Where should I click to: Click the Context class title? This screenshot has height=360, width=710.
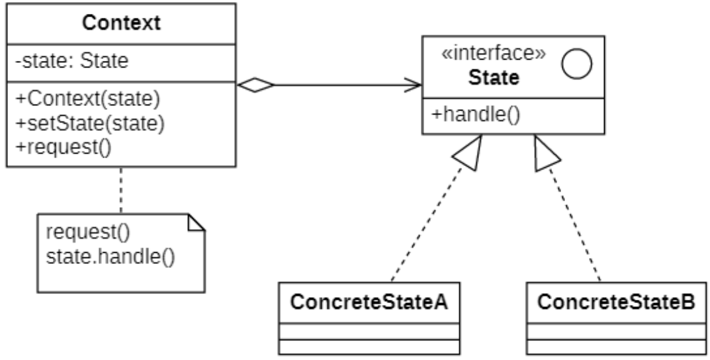pyautogui.click(x=120, y=24)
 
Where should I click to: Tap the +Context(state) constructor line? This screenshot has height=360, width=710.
pyautogui.click(x=88, y=101)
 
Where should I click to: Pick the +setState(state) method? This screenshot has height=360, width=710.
pyautogui.click(x=90, y=122)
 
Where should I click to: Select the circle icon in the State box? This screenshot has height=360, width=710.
pyautogui.click(x=576, y=65)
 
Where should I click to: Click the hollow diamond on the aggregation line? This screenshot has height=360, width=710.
pyautogui.click(x=256, y=85)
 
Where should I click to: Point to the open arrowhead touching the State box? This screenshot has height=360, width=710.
pyautogui.click(x=414, y=85)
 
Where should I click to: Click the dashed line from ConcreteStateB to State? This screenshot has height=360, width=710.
pyautogui.click(x=576, y=225)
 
